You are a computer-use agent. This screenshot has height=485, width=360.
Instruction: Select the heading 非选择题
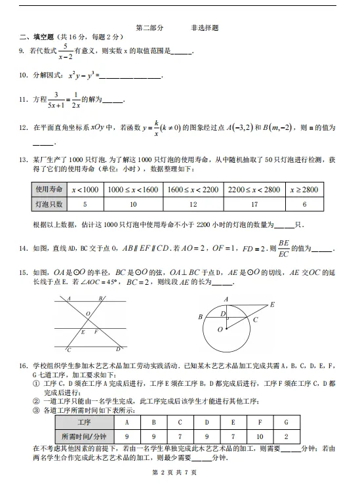pos(205,28)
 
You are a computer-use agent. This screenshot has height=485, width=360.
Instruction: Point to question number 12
pos(23,128)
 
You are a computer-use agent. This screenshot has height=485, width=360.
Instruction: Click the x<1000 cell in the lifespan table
pos(86,190)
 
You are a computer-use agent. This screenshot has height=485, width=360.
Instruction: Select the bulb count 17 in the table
pos(254,204)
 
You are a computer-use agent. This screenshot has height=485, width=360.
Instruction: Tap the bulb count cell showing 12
pos(192,204)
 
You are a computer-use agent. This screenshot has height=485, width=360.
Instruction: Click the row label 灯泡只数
pos(49,204)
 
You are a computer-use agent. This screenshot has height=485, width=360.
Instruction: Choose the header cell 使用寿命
pos(49,190)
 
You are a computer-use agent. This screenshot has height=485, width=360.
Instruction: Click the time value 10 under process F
pos(260,435)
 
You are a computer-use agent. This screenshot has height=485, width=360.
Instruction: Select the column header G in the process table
pos(287,421)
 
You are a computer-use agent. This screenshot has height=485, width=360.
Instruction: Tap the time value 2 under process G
pos(287,435)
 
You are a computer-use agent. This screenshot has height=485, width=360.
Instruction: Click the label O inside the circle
pos(220,329)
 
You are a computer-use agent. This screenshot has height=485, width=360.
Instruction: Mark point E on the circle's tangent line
pos(271,305)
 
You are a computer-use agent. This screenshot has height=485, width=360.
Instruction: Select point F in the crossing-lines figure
pos(96,332)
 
